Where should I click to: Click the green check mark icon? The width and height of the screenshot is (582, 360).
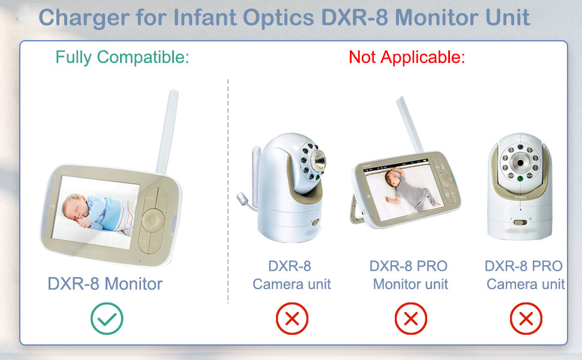[107, 319]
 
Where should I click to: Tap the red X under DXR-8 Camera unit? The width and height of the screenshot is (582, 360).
[292, 319]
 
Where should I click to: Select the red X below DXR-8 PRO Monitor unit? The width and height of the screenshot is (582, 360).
[411, 319]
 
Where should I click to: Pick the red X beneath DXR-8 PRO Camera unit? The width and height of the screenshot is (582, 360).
[526, 319]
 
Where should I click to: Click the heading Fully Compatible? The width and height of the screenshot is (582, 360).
[122, 58]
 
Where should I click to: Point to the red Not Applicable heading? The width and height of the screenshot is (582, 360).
[407, 58]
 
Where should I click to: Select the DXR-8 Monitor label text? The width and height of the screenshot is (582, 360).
[105, 284]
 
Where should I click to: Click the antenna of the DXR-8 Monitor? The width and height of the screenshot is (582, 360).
[167, 132]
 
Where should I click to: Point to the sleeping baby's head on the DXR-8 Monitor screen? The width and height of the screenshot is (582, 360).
[73, 206]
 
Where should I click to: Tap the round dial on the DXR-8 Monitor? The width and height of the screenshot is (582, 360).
[152, 220]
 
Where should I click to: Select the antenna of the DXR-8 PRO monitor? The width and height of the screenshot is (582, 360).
[410, 125]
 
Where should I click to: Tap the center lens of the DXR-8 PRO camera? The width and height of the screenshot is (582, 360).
[520, 163]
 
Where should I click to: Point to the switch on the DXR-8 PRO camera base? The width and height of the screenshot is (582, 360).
[520, 223]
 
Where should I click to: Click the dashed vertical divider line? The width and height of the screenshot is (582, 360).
[228, 191]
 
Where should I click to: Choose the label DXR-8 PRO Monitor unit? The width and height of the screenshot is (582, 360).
[409, 275]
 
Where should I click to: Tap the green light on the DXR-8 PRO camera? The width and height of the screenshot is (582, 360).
[520, 179]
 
